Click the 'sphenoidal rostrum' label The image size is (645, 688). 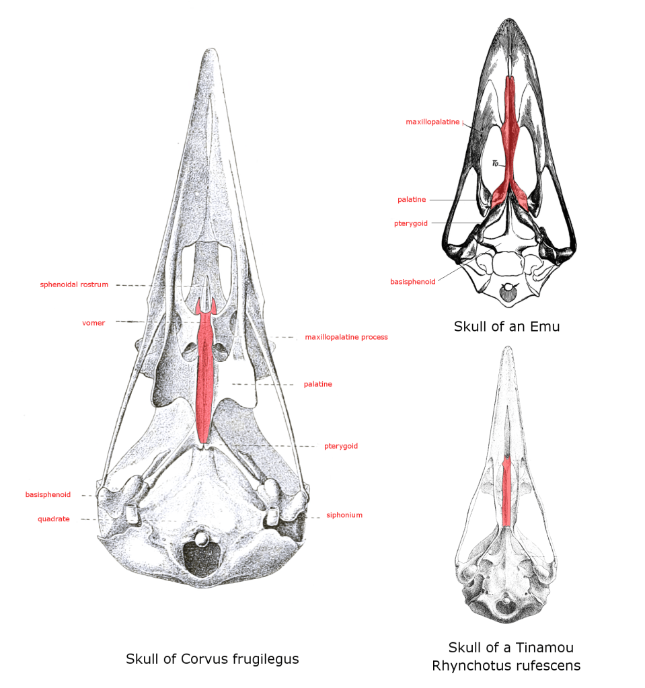coord(74,284)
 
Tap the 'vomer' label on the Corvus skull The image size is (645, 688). coord(93,323)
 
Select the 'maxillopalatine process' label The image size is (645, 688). coord(346,337)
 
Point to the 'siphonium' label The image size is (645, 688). coord(344,515)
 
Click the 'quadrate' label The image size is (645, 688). coord(53,519)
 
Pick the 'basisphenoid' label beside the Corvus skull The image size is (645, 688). coord(48,495)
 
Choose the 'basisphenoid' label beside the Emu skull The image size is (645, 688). coord(412,282)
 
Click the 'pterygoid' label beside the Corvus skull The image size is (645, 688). coord(340,446)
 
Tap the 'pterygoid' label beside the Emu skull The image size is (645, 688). coord(411,223)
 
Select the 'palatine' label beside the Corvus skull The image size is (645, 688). coord(317,384)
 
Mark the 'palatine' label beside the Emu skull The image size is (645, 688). coord(410,200)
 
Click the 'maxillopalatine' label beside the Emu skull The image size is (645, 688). coord(432,122)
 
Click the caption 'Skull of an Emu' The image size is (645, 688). coord(506,327)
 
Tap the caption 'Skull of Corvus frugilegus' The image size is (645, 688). coord(212,658)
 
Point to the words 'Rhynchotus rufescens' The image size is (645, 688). coord(506,666)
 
